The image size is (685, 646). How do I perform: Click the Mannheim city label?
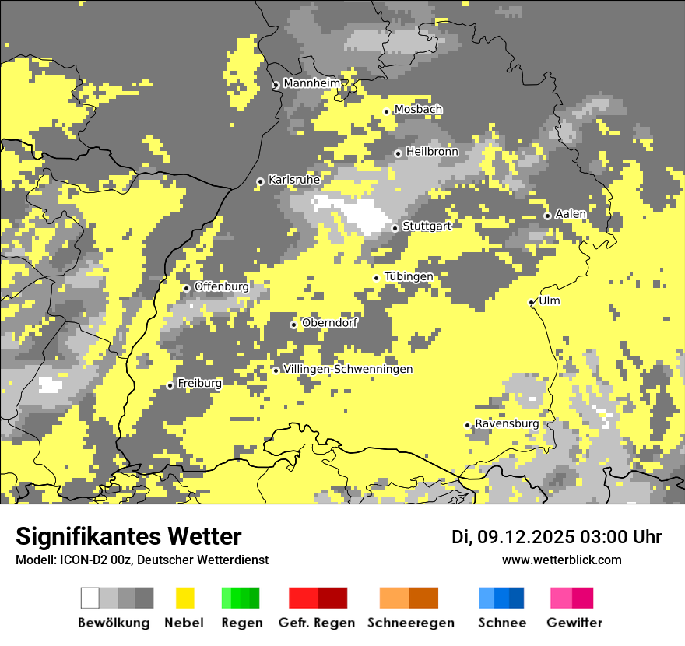click(312, 83)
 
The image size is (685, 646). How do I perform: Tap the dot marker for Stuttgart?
click(395, 228)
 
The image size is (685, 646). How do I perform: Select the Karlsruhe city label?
click(294, 180)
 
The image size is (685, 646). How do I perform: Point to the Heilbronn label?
click(432, 152)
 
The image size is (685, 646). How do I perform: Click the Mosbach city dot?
click(386, 111)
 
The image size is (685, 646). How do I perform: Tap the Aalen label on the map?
click(571, 214)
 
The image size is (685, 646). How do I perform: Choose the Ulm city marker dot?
click(532, 302)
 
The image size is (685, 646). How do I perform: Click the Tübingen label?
click(409, 277)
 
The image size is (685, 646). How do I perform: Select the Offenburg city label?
click(222, 286)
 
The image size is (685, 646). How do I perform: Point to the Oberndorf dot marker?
click(293, 325)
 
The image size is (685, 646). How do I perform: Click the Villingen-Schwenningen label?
click(348, 369)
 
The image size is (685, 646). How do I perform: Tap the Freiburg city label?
click(199, 384)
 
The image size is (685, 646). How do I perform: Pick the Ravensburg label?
click(507, 423)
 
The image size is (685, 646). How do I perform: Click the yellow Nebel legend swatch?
click(185, 598)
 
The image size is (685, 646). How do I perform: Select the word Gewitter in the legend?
click(574, 623)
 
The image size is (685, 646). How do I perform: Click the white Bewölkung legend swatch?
click(90, 598)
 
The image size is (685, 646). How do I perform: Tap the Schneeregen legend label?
click(410, 623)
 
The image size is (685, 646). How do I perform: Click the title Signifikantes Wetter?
click(128, 537)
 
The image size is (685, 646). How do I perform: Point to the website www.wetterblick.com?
click(561, 560)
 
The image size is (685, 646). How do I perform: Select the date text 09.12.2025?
click(525, 537)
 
